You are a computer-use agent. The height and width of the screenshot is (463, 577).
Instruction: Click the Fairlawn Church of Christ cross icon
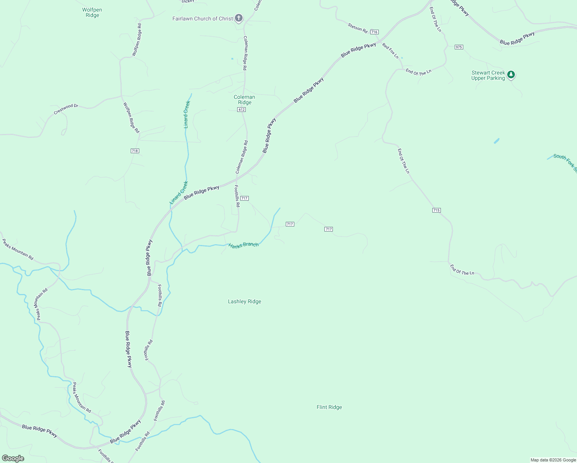click(x=239, y=18)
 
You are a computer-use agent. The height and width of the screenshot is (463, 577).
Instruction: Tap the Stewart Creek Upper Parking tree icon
click(x=511, y=74)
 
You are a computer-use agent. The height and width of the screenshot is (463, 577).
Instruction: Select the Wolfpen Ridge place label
click(x=92, y=13)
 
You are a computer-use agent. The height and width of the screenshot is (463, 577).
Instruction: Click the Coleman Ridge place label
click(x=245, y=100)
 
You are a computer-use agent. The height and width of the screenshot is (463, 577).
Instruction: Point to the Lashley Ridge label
click(x=245, y=301)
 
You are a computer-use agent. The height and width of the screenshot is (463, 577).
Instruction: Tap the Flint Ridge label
click(x=329, y=407)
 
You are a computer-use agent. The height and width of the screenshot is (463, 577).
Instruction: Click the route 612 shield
click(x=241, y=110)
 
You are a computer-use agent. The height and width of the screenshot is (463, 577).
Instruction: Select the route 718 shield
click(x=135, y=151)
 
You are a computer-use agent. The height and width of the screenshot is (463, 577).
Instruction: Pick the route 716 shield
click(x=374, y=32)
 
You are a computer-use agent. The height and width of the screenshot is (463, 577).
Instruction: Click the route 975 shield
click(x=459, y=47)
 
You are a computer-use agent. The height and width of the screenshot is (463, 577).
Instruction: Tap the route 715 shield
click(x=436, y=210)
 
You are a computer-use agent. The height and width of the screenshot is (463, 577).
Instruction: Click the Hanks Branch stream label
click(x=243, y=245)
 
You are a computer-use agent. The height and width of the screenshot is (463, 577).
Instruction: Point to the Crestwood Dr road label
click(x=66, y=109)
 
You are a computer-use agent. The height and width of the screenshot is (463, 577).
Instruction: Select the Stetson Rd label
click(x=358, y=27)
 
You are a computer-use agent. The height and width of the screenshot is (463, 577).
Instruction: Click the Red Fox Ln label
click(x=390, y=51)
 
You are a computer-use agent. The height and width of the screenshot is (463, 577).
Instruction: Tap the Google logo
click(x=13, y=458)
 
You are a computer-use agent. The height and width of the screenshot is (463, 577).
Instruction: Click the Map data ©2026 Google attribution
click(x=553, y=460)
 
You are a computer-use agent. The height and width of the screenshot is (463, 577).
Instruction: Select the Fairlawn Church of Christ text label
click(x=202, y=19)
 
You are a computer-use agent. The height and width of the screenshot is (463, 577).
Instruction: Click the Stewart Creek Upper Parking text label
click(x=488, y=75)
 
